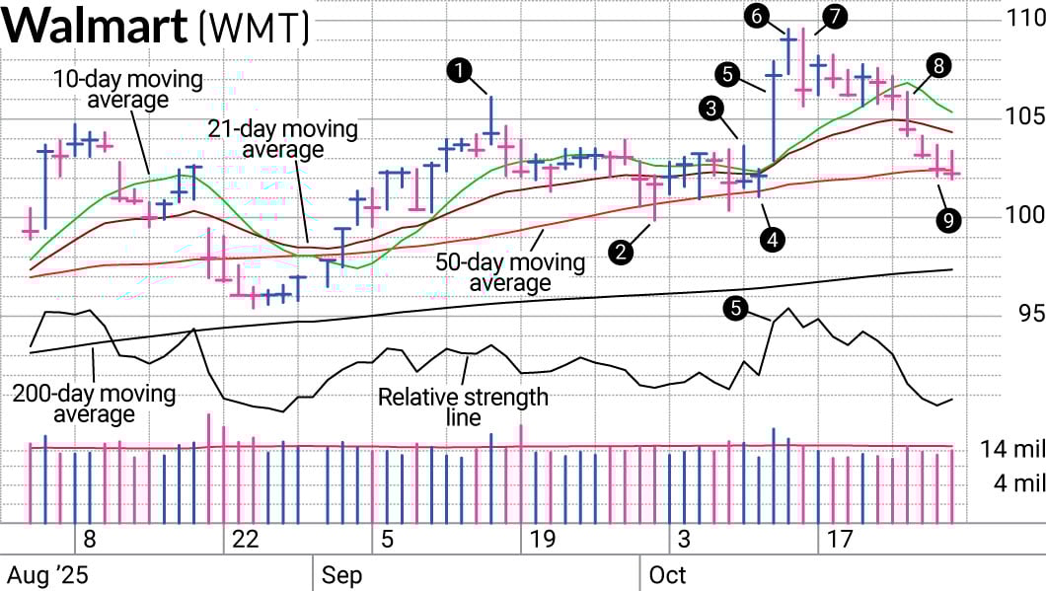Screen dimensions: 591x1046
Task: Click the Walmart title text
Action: pyautogui.click(x=96, y=27)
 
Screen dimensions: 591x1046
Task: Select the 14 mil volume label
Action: pyautogui.click(x=1012, y=450)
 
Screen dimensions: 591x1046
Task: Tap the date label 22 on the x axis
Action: pyautogui.click(x=245, y=540)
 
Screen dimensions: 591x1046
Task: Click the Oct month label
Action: pyautogui.click(x=666, y=574)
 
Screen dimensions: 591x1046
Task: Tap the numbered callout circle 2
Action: pyautogui.click(x=622, y=253)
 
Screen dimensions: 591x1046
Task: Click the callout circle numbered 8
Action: pyautogui.click(x=938, y=65)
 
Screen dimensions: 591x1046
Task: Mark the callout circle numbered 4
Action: pyautogui.click(x=773, y=238)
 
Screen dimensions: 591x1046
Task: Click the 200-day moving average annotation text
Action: pyautogui.click(x=95, y=404)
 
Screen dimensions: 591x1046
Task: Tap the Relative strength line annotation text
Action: pyautogui.click(x=463, y=406)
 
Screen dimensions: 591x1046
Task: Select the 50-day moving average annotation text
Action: pyautogui.click(x=509, y=273)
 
